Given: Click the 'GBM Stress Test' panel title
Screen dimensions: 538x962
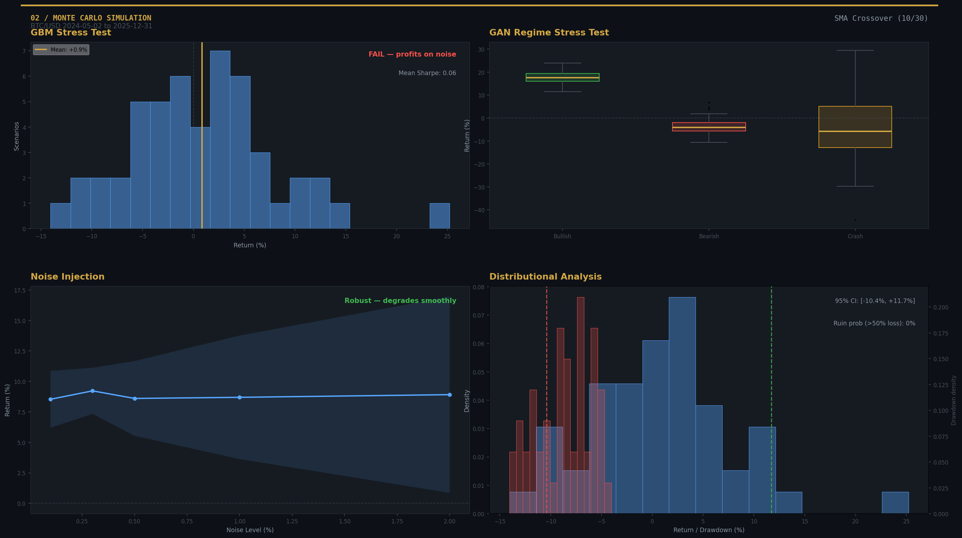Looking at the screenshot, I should point(71,33).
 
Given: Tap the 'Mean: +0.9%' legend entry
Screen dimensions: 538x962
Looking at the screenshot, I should point(61,50).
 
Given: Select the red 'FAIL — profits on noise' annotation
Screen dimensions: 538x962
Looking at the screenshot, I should point(412,54).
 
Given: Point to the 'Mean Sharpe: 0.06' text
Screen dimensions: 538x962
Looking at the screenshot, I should point(427,73).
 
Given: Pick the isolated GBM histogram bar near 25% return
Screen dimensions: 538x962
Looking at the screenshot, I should point(440,216).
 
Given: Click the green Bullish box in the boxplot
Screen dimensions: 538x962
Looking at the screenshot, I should point(562,77).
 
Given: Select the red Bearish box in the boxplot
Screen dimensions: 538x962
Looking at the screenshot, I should point(709,127).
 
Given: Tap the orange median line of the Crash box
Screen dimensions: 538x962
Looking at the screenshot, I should point(855,131).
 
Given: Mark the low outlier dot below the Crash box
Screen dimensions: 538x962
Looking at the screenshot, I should point(855,220).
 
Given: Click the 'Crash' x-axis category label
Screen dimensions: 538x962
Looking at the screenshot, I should point(855,236).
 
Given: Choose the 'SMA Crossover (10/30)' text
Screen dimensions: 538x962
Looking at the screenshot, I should point(881,18).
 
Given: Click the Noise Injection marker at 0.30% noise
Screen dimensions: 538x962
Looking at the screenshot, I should point(93,391).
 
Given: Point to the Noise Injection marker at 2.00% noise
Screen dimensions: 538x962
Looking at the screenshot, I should point(450,395).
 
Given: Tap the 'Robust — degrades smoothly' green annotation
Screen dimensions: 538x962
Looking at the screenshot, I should point(400,301).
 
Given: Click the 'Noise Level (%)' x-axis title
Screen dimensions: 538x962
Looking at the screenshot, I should point(250,530).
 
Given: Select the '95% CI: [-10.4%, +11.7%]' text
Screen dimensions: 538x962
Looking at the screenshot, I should point(874,301).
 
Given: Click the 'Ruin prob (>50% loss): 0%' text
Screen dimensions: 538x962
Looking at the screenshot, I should point(874,323).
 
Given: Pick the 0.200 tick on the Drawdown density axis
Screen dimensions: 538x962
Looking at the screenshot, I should point(940,308).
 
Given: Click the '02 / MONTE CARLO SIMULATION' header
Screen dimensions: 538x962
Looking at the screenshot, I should point(91,18).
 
